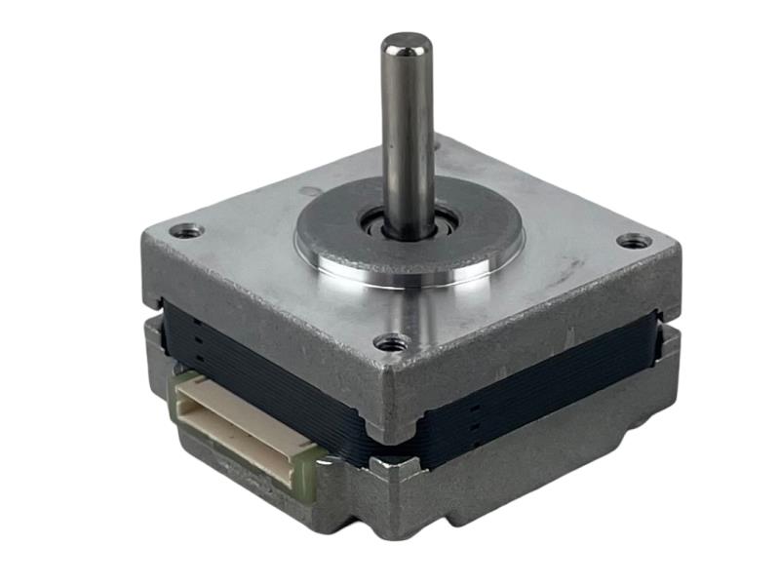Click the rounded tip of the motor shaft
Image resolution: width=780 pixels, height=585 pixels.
click(406, 43)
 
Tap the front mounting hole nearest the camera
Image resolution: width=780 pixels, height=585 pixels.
click(392, 342)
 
